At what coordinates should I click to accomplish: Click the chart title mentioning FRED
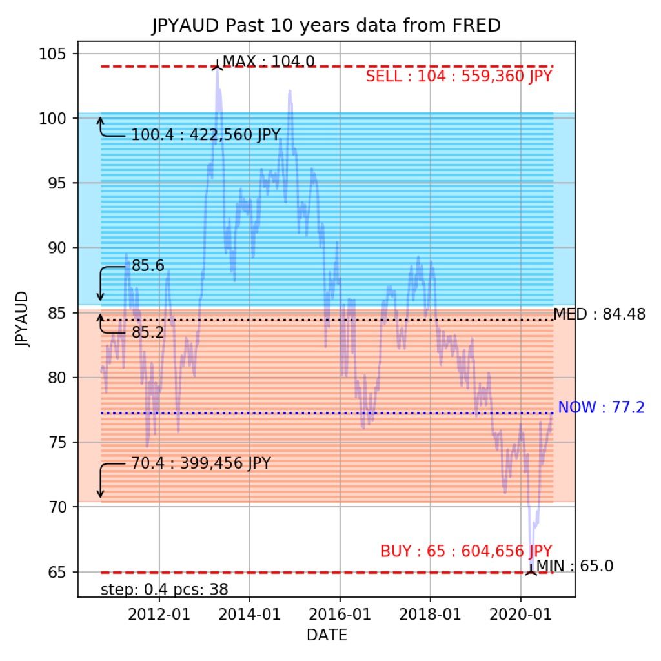[326, 26]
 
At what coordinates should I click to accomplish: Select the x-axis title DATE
[326, 635]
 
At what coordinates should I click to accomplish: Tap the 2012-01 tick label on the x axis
[159, 615]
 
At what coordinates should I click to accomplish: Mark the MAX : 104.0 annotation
[269, 61]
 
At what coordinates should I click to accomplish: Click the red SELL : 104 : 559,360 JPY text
[459, 77]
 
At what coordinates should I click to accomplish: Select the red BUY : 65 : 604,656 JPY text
[466, 552]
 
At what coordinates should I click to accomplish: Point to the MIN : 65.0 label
[575, 567]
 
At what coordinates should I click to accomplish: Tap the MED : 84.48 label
[599, 315]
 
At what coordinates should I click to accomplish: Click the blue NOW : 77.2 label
[601, 407]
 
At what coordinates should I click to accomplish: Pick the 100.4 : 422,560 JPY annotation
[206, 136]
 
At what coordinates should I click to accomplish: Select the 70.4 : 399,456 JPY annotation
[201, 463]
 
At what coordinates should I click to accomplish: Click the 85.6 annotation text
[148, 265]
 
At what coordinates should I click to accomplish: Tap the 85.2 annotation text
[148, 333]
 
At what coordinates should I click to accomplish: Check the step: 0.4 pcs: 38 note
[165, 589]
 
